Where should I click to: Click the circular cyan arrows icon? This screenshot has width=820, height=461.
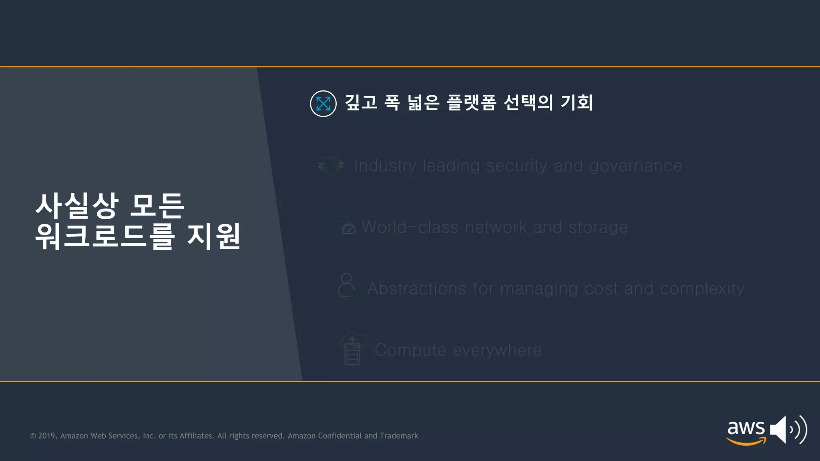(323, 104)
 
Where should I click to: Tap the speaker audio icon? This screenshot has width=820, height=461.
(788, 429)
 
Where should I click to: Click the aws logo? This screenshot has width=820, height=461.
(746, 431)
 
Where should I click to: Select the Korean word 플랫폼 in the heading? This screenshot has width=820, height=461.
(471, 102)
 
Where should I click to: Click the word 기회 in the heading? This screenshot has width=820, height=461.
(577, 102)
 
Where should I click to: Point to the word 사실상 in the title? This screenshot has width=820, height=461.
(77, 206)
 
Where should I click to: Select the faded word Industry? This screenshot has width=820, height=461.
(385, 166)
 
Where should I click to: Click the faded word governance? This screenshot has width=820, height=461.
(635, 166)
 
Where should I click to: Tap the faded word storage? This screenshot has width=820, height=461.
(598, 227)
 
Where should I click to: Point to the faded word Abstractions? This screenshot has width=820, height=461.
(417, 289)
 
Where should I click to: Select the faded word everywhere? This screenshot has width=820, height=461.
(497, 350)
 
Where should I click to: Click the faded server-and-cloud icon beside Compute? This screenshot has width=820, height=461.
(353, 349)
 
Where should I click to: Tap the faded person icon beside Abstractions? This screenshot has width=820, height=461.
(347, 286)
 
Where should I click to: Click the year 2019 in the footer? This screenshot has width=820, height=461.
(47, 436)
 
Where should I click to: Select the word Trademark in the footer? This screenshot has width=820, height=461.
(399, 436)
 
